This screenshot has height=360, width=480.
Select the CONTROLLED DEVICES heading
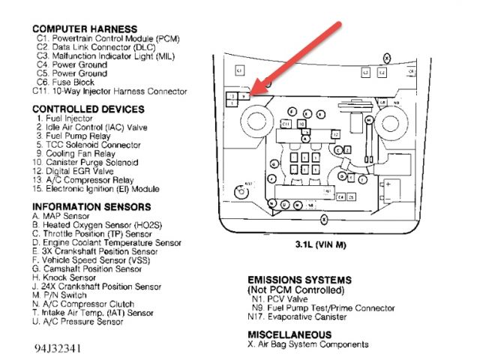coord(85,109)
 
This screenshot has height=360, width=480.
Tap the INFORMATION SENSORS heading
coord(91,207)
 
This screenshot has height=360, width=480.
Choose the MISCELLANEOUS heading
coord(289,334)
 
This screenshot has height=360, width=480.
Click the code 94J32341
coord(57,349)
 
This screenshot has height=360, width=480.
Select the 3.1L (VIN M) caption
coord(323,244)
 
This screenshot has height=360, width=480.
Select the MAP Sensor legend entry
coord(67,216)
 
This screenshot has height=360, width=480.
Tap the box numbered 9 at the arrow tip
coord(245,96)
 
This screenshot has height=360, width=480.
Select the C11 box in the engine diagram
coord(286,123)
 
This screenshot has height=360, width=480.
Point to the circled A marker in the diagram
coord(304,138)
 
